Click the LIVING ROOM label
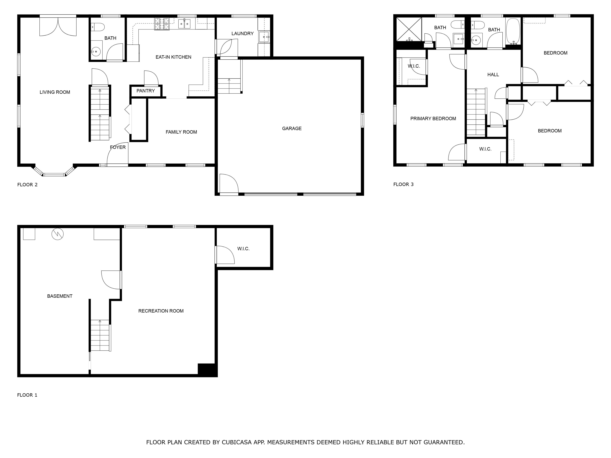pos(55,92)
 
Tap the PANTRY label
pos(146,91)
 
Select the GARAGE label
pos(292,128)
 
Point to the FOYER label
pos(118,147)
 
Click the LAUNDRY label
pos(242,33)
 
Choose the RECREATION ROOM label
pos(161,311)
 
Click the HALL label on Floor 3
pos(493,75)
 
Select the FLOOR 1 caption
pos(27,395)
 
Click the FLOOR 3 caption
pos(403,184)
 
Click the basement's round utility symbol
pos(57,234)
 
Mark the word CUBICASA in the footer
pos(236,442)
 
